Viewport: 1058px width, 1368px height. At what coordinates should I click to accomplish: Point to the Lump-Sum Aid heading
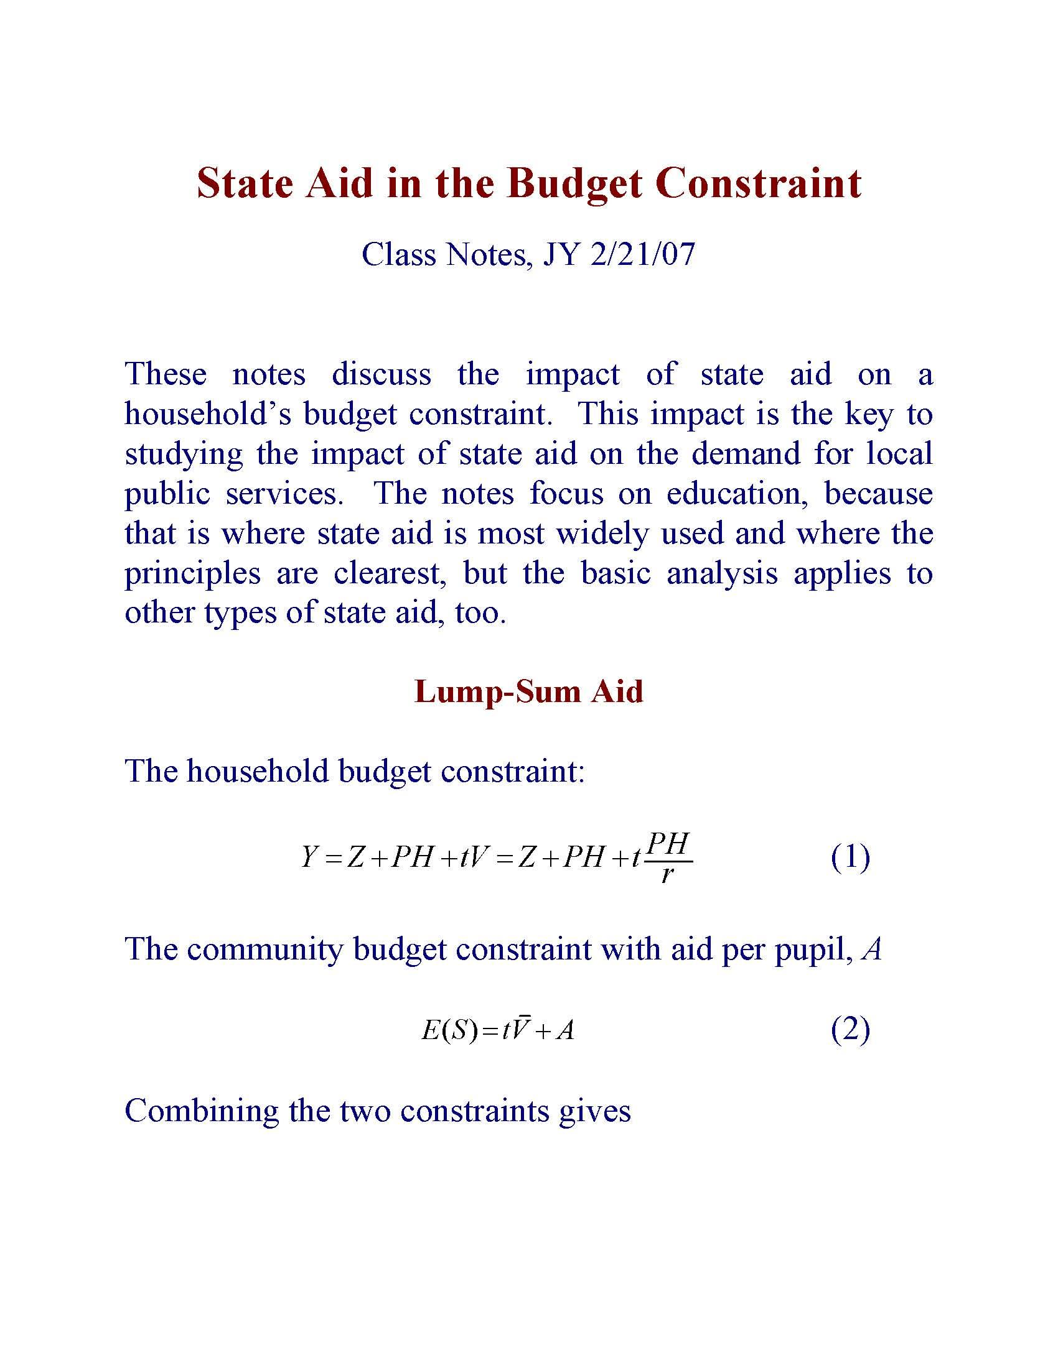click(528, 691)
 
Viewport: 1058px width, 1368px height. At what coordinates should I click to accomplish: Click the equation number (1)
click(850, 857)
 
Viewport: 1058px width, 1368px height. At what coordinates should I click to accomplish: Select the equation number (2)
click(850, 1029)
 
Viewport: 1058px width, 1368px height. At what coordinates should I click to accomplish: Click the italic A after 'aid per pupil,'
click(872, 950)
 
